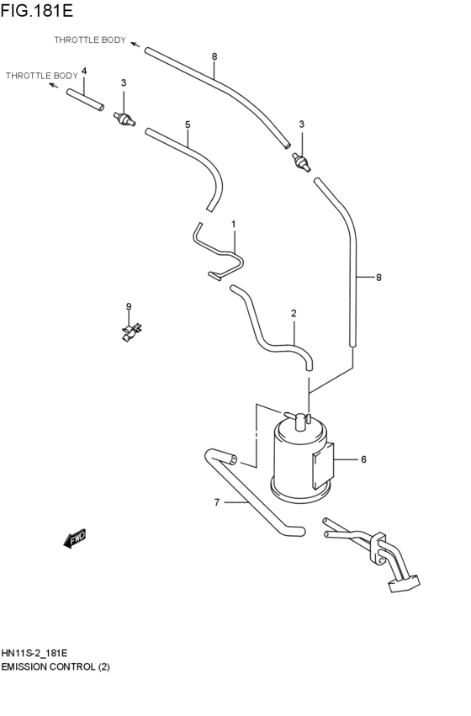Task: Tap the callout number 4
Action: pyautogui.click(x=83, y=71)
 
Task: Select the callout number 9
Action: pyautogui.click(x=129, y=306)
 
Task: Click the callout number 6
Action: pyautogui.click(x=363, y=459)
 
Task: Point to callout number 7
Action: pyautogui.click(x=216, y=503)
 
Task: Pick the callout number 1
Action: pyautogui.click(x=233, y=225)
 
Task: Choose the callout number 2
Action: pyautogui.click(x=294, y=314)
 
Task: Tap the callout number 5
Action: pyautogui.click(x=188, y=125)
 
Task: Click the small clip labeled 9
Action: pyautogui.click(x=130, y=332)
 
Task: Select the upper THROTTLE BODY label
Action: pyautogui.click(x=90, y=40)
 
